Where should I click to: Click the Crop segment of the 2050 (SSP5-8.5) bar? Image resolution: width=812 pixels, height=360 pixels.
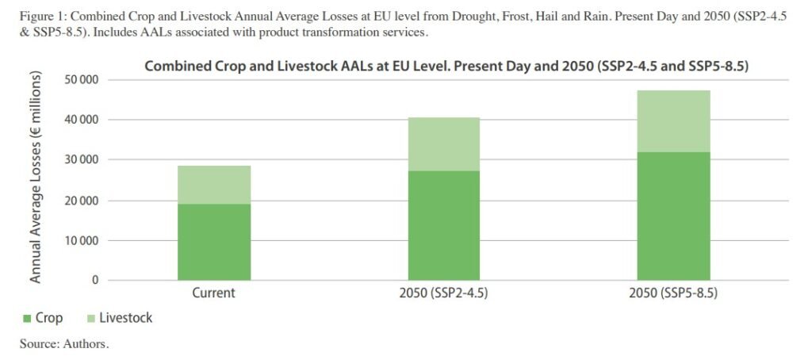click(x=673, y=216)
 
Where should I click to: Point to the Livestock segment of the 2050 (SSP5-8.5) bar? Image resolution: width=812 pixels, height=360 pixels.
click(x=673, y=121)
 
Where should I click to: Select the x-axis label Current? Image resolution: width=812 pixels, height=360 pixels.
click(x=213, y=293)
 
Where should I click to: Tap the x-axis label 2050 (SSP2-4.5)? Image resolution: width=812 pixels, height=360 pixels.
click(x=443, y=293)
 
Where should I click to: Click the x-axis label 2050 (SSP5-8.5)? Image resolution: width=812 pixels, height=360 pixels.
click(x=673, y=293)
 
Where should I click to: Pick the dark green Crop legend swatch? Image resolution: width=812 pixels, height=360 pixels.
click(x=26, y=319)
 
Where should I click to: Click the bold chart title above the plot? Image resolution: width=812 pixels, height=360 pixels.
click(x=446, y=67)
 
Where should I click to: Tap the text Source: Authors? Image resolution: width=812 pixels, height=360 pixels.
click(x=64, y=344)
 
